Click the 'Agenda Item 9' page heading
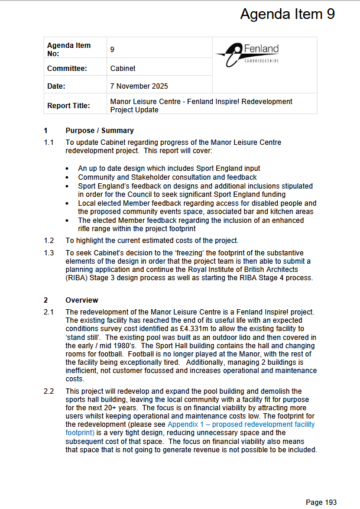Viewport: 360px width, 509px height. point(287,15)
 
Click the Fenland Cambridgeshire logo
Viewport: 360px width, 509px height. point(248,54)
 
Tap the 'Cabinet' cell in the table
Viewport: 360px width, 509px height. point(123,69)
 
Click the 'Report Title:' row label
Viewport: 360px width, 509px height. point(69,106)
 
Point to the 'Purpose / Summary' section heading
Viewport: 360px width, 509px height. point(99,131)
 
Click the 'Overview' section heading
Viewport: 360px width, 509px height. point(82,300)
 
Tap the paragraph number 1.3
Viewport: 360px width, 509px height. point(49,253)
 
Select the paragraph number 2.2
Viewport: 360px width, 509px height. point(49,391)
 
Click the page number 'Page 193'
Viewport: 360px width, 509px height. point(321,502)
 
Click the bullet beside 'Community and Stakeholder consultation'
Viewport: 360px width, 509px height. point(69,177)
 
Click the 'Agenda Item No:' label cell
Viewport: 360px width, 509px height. point(69,50)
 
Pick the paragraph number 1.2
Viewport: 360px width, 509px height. point(49,241)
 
